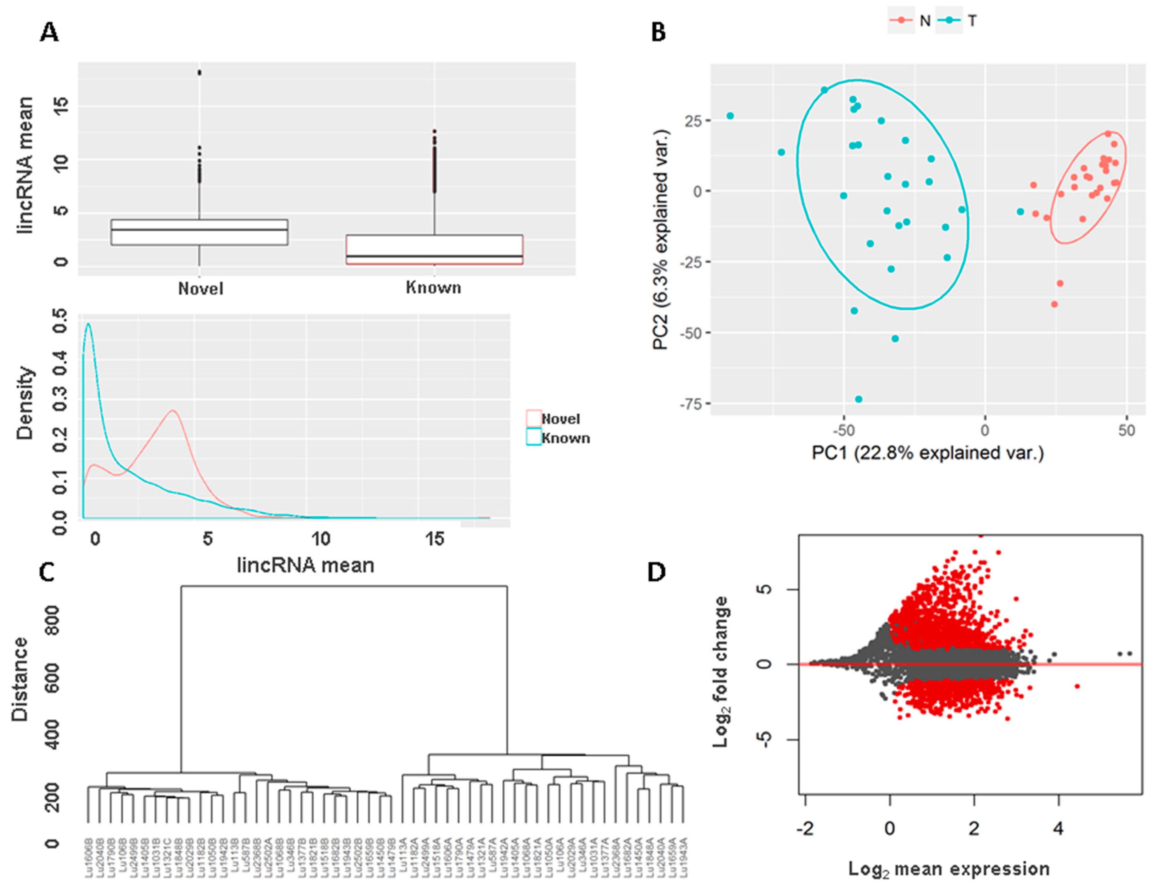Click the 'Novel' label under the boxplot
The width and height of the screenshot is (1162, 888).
(201, 288)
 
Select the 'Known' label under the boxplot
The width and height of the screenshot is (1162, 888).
(434, 288)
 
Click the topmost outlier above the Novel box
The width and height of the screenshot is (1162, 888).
(199, 72)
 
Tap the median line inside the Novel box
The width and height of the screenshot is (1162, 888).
(199, 229)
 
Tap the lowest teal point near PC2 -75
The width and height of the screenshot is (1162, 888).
(859, 399)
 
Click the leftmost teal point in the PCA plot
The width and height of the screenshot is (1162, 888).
(730, 116)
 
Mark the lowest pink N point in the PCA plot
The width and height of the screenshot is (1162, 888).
(1054, 304)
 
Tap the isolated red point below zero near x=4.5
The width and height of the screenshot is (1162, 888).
(1077, 686)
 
